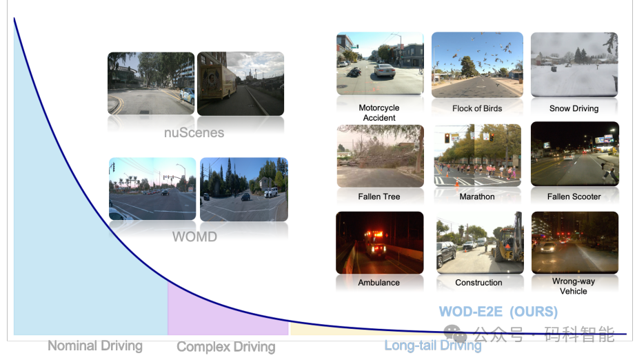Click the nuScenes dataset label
coord(194,132)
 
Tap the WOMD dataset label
coord(195,237)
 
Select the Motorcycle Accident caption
coord(379,112)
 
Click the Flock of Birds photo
coord(478,65)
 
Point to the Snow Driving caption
coord(574,108)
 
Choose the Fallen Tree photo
coord(381,156)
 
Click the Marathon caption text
coord(477,197)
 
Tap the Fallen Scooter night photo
coord(575,154)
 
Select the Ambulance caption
coord(379,283)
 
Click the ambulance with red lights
coord(375,243)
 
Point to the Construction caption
coord(478,283)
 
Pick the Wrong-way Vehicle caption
coord(574,286)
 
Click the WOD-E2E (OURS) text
coord(498,312)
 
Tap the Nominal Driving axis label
coord(95,346)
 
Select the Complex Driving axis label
coord(226,347)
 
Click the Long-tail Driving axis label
coord(433,346)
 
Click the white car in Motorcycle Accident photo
coord(384,70)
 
